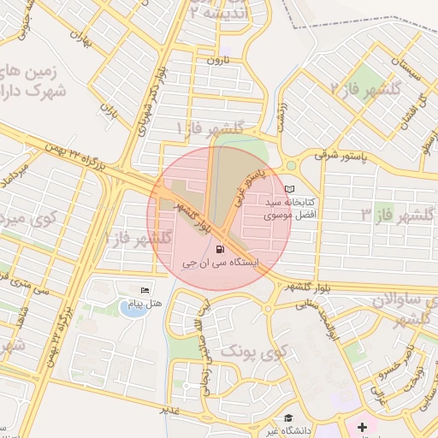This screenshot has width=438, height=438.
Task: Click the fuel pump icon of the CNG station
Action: (x=222, y=250)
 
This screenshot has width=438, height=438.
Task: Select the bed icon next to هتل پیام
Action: (x=143, y=291)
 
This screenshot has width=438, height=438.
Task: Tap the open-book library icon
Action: (x=288, y=189)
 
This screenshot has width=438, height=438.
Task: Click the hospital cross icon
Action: (x=362, y=425)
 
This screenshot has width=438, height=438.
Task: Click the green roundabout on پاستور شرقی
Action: (x=291, y=165)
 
